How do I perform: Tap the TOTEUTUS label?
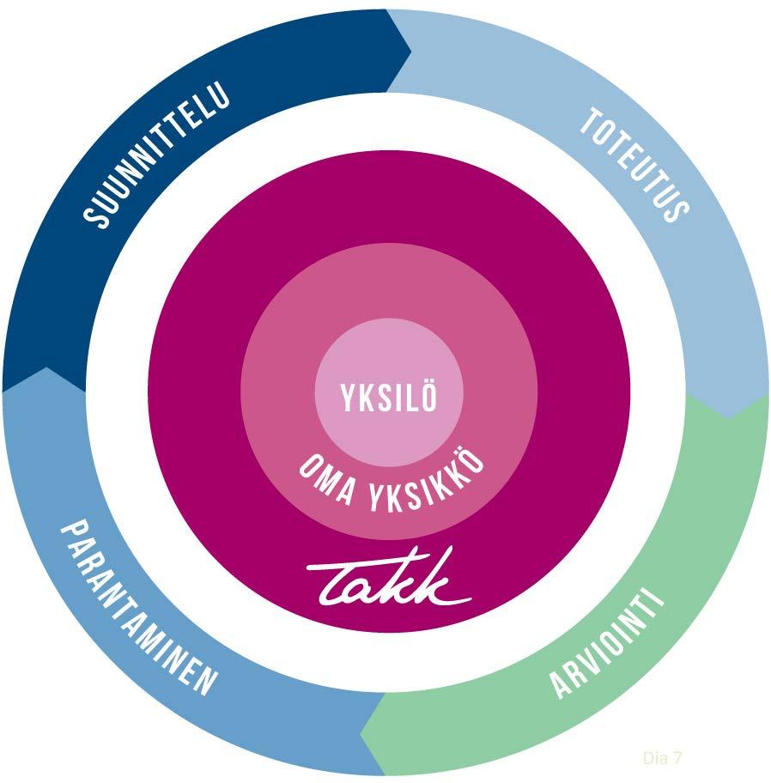coord(634,164)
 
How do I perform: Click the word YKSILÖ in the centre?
coord(389,398)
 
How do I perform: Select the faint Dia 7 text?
coord(662,757)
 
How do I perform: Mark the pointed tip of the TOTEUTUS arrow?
coord(730,416)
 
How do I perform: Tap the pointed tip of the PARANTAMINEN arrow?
coord(43,370)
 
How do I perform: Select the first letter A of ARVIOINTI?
coord(560,688)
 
